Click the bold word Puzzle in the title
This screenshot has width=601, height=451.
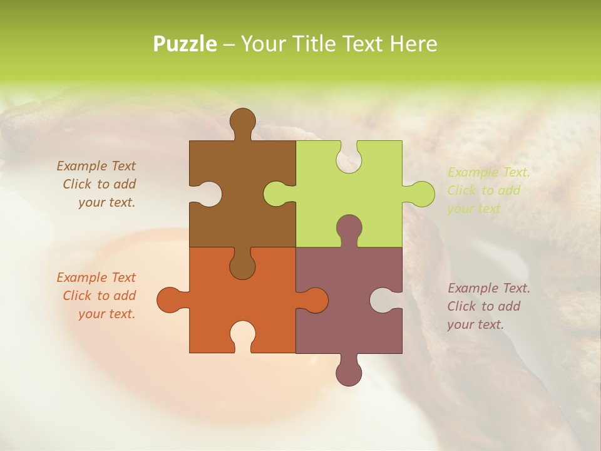tap(185, 44)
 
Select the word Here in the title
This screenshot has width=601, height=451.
tap(413, 44)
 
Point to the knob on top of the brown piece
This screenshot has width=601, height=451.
tap(242, 120)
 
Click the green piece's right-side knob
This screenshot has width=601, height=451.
tap(421, 194)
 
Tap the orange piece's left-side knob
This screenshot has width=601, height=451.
tap(170, 299)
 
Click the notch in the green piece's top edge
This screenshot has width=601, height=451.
tap(349, 157)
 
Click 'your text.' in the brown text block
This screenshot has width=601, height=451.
tap(106, 202)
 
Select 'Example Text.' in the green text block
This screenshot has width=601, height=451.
tap(488, 172)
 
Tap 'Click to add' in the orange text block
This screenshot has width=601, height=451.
tap(99, 296)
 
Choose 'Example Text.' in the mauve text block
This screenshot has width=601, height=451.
tap(488, 288)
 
